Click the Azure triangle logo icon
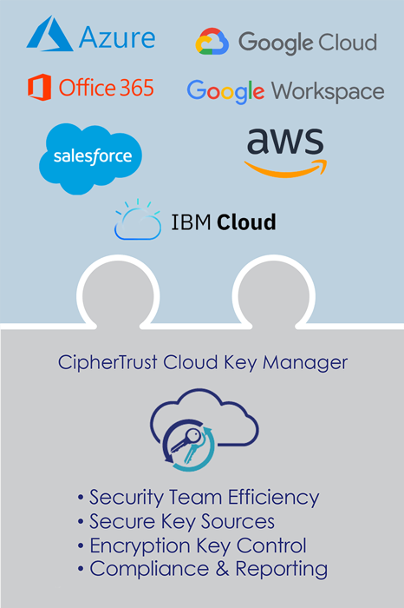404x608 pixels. coord(49,34)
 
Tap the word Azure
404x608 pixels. coord(117,37)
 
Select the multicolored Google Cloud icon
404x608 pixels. coord(212,41)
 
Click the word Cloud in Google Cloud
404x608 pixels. coord(348,42)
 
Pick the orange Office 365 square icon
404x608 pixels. coord(40,87)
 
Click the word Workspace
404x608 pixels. coord(329,91)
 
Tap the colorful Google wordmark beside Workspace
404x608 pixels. coord(226,92)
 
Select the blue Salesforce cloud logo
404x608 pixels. coord(90,158)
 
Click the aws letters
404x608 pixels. coord(285,141)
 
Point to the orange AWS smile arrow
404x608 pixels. coord(285,169)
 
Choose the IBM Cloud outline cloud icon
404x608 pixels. coord(138,220)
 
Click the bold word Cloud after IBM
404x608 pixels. coord(246,221)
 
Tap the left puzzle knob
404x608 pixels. coord(118,294)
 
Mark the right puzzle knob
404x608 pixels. coord(274,294)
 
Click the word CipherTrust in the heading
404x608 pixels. coord(108,363)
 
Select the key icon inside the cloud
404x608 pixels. coord(187,445)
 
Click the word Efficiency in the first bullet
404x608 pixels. coord(274,498)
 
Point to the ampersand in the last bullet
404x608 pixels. coord(223,569)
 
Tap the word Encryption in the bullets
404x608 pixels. coord(140,546)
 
